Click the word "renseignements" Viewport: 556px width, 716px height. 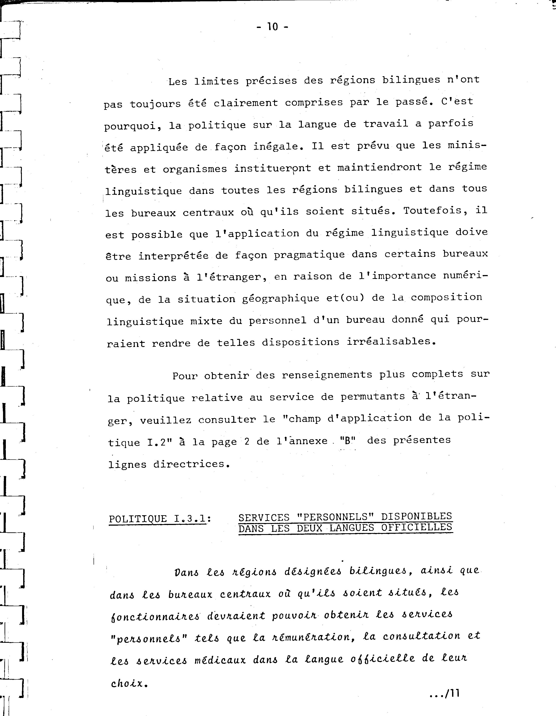tap(327, 375)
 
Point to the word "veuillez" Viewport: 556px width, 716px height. tap(166, 420)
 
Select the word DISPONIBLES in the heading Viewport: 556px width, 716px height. tap(416, 517)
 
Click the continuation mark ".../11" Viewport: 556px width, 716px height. tap(444, 694)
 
